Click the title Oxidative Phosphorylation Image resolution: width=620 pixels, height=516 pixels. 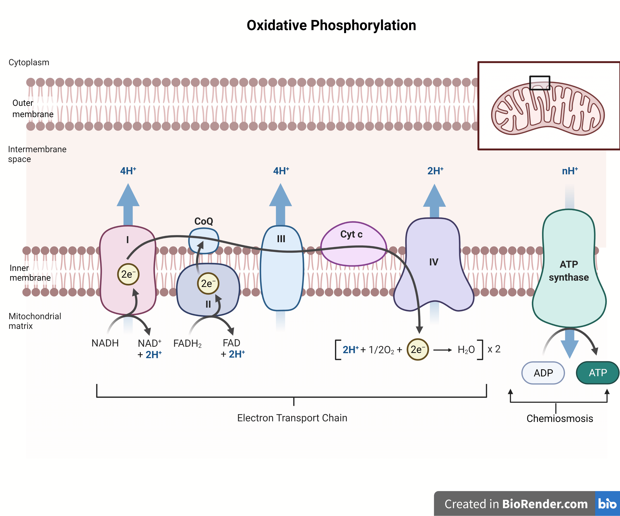click(331, 25)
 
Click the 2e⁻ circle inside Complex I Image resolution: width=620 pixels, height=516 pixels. click(128, 274)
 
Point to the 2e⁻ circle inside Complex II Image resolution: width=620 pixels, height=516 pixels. click(208, 283)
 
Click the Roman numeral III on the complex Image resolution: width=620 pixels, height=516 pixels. click(281, 239)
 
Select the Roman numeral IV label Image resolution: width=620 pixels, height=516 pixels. click(433, 262)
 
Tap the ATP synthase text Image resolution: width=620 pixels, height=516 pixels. click(569, 271)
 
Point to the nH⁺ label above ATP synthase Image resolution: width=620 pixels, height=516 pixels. click(570, 171)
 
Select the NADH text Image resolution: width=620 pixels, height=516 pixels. click(105, 343)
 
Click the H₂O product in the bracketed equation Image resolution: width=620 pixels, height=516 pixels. click(466, 350)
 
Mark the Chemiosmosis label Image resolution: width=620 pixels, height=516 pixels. click(560, 418)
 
